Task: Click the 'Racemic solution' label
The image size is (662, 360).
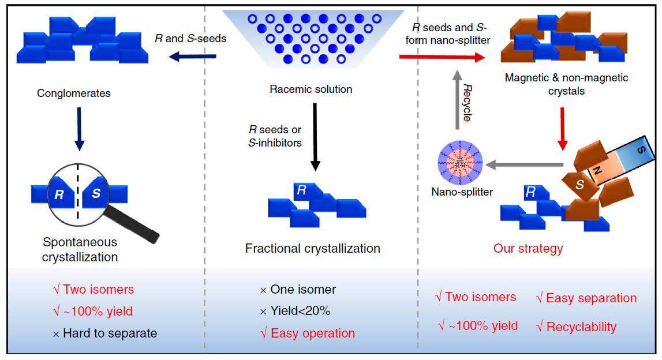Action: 311,89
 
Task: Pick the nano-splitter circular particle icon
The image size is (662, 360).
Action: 460,163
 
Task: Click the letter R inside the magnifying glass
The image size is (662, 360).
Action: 59,194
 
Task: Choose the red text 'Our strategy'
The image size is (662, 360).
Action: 528,249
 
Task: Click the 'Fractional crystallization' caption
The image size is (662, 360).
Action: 313,249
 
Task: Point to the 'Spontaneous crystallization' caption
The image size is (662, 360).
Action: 80,249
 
